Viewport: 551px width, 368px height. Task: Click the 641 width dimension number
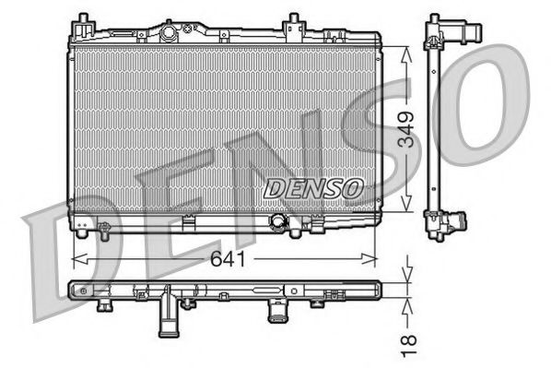point(228,259)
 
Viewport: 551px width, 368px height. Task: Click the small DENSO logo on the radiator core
point(313,187)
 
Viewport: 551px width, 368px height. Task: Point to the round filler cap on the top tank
point(170,33)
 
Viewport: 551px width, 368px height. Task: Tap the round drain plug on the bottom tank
point(277,221)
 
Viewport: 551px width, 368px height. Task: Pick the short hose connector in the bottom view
point(276,312)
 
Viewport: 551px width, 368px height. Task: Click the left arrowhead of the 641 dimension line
point(77,259)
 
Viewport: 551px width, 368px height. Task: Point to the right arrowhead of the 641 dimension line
point(374,259)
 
